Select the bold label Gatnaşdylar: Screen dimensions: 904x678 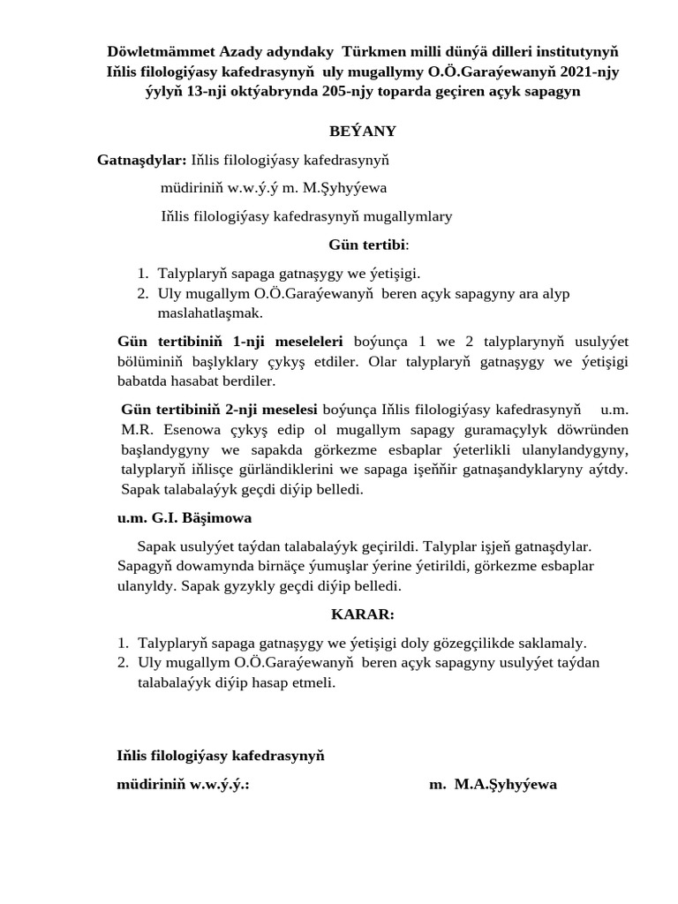pyautogui.click(x=141, y=160)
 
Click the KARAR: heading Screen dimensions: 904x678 pyautogui.click(x=363, y=614)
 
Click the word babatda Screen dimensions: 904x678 pyautogui.click(x=144, y=381)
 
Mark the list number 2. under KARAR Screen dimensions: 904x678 pyautogui.click(x=124, y=662)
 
